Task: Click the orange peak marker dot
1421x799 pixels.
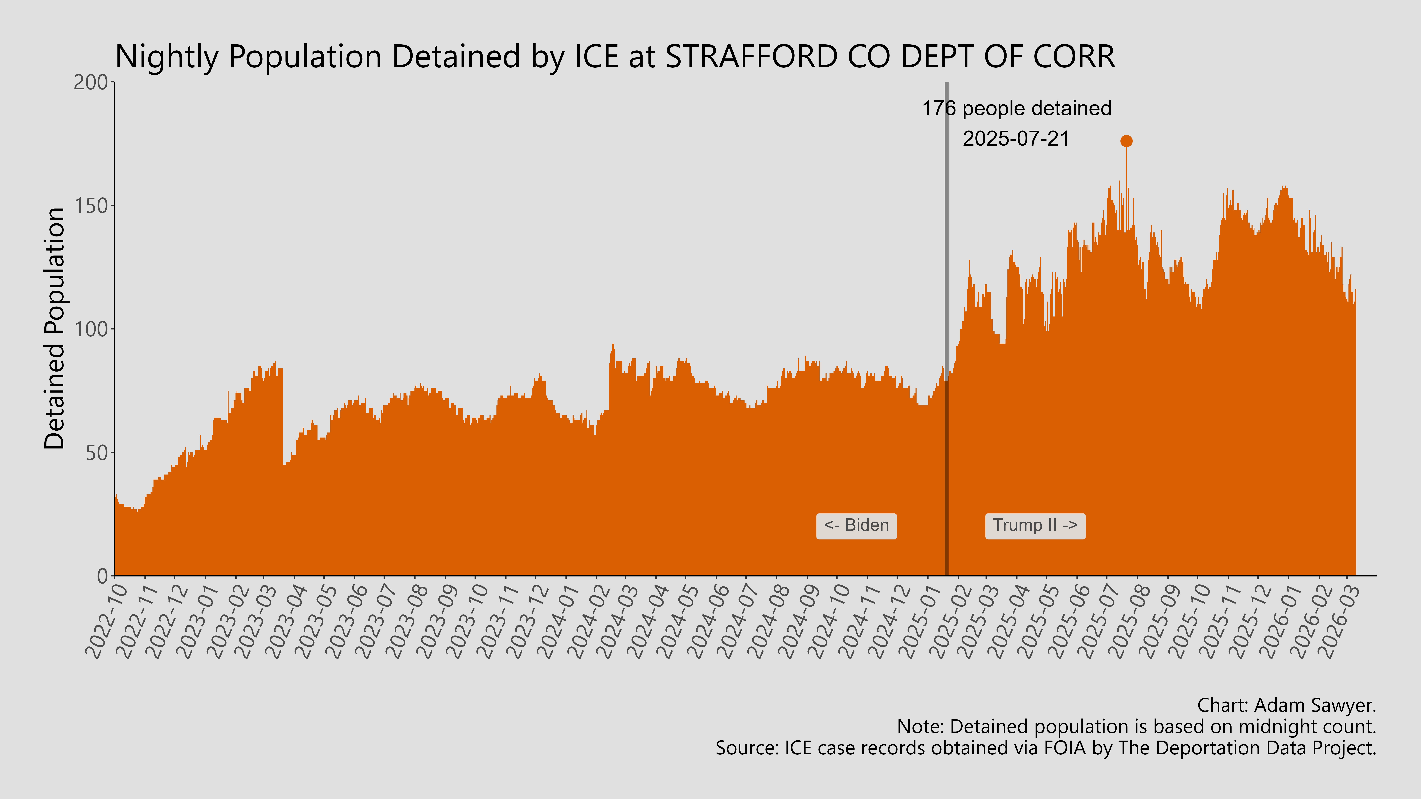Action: coord(1126,141)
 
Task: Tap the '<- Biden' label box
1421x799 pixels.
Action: coord(856,526)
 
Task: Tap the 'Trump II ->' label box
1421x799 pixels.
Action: coord(1035,526)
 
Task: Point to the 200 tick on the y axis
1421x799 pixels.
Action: coord(91,82)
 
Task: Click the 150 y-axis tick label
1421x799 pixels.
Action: coord(91,206)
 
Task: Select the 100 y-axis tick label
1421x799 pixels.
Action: coord(91,329)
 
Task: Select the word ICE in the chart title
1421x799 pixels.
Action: coord(596,57)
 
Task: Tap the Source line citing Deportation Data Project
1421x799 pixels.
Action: coord(1045,748)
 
